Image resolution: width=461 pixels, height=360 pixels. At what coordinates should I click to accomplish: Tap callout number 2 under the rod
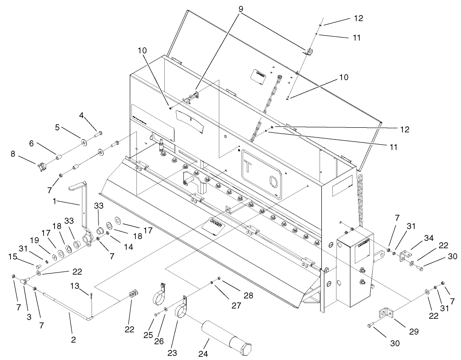(x=73, y=339)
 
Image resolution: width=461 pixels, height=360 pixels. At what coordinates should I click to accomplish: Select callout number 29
(x=413, y=332)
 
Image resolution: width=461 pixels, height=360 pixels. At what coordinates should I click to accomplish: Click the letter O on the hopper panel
(x=273, y=182)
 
